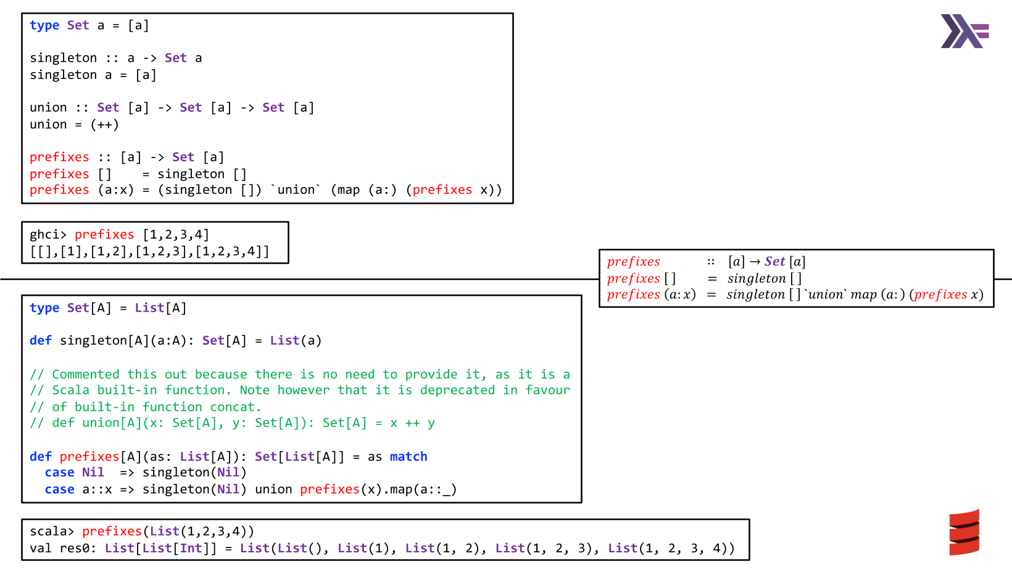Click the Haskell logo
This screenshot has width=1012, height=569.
click(964, 31)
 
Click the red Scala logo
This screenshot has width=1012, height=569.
click(964, 533)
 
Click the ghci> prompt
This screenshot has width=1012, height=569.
click(48, 235)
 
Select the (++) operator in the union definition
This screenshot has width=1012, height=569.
click(104, 125)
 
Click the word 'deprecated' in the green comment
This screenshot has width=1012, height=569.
click(457, 390)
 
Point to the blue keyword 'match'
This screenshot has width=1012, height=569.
click(409, 457)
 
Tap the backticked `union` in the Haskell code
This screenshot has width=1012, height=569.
click(296, 190)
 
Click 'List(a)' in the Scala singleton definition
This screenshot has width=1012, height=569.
click(296, 341)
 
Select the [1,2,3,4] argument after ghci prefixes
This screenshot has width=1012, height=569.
click(176, 235)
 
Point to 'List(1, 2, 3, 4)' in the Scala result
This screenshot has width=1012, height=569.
click(671, 549)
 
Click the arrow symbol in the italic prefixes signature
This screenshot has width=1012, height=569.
click(755, 262)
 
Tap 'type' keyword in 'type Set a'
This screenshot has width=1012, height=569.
click(44, 26)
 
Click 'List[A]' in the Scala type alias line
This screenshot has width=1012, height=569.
click(160, 308)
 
